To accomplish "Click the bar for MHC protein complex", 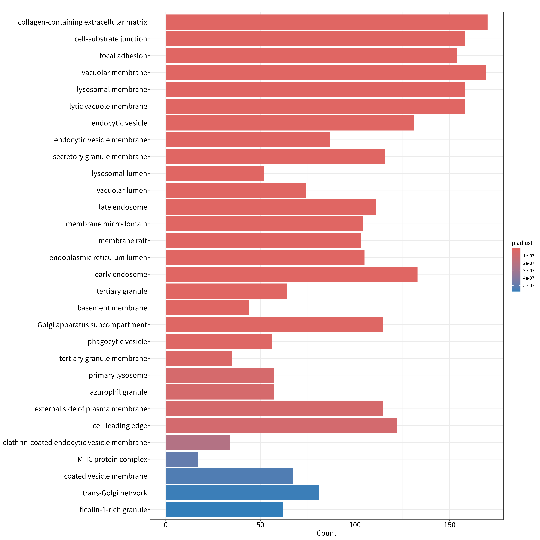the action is (182, 459).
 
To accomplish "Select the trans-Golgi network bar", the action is (242, 493).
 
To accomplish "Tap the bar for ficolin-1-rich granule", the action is (224, 509).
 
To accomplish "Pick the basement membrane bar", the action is (207, 308).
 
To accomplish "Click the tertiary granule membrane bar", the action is (199, 358).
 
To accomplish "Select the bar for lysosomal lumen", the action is (215, 173).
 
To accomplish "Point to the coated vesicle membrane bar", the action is (229, 476).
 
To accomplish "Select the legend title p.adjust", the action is (522, 243).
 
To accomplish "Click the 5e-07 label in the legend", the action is (529, 285).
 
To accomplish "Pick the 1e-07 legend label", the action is (529, 256).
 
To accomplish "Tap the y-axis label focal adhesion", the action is (123, 56).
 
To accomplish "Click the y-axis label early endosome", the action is (121, 274).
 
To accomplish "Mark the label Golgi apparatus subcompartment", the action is (92, 325).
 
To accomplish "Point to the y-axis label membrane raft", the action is (123, 241).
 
